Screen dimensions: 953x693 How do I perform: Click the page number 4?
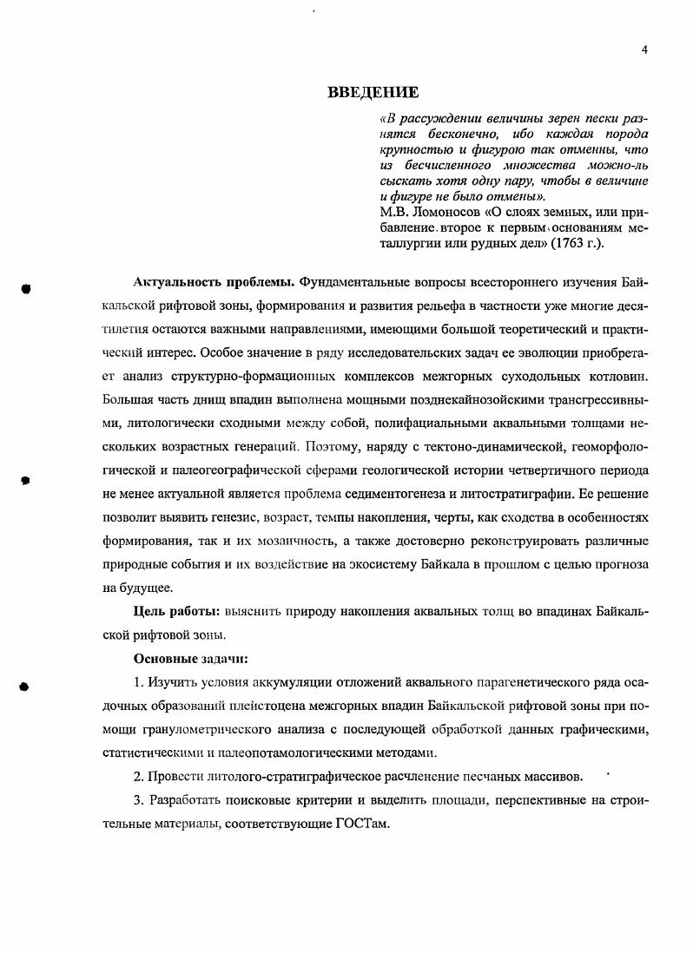click(643, 49)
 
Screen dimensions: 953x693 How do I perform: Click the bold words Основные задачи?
click(191, 657)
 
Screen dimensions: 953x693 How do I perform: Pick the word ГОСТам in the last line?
click(361, 824)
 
